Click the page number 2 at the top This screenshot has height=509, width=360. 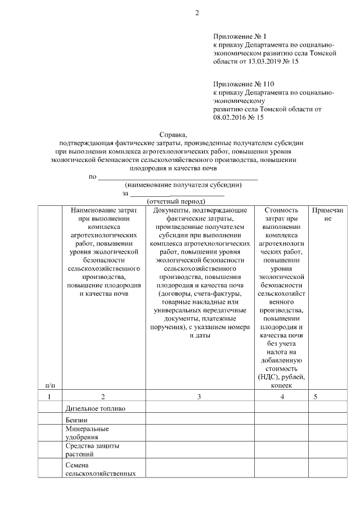coord(197,13)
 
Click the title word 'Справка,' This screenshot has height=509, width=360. coord(175,134)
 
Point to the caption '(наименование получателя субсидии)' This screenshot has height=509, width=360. coord(183,184)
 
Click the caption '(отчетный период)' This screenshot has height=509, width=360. coord(175,201)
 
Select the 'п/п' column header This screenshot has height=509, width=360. coord(49,385)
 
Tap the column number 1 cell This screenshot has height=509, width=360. coord(49,397)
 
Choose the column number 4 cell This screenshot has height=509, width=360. coord(282,397)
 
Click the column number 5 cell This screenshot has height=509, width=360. coord(316,397)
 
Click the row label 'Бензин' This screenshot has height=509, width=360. coord(77,420)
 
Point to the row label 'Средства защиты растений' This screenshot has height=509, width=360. coord(92,450)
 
